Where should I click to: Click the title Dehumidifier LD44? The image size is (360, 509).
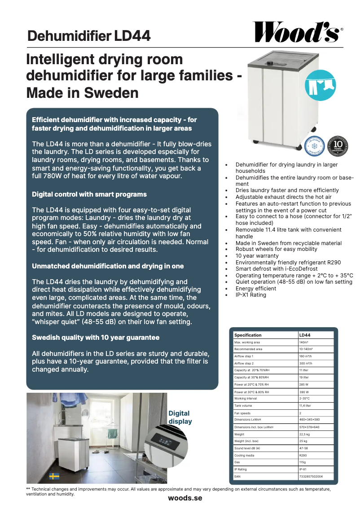tap(89, 36)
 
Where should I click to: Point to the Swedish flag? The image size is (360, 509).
tap(54, 476)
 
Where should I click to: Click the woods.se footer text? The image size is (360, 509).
tap(185, 498)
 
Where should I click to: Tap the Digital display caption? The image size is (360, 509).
tap(180, 417)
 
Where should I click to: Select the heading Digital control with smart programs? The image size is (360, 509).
tap(89, 194)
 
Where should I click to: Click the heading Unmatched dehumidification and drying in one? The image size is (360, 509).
tap(108, 266)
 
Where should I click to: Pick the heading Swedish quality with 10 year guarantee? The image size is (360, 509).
tap(96, 337)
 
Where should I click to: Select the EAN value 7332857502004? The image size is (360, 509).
tap(311, 476)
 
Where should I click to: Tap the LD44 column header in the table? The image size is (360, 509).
tap(305, 335)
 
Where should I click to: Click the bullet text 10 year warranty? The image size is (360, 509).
tap(257, 256)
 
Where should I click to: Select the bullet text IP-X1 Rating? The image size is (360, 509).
tap(251, 295)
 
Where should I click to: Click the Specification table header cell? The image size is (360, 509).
tap(248, 335)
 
